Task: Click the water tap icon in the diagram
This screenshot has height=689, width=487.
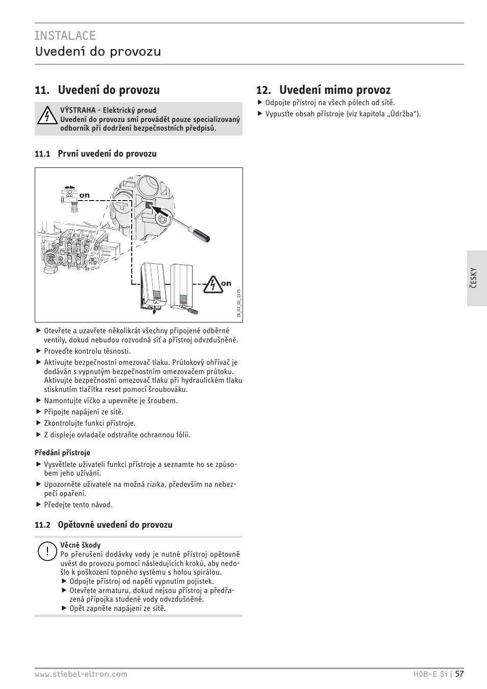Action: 69,195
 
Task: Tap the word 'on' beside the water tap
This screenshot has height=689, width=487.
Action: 84,195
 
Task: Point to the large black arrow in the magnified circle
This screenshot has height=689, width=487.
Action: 162,211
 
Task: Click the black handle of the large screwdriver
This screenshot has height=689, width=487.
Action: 201,237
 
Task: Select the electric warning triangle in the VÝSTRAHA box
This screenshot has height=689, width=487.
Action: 46,116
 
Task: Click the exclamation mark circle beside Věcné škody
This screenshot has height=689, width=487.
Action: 46,551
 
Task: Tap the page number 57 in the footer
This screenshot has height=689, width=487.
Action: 459,674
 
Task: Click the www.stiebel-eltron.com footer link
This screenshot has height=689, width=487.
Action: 81,674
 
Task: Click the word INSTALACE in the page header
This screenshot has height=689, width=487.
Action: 65,35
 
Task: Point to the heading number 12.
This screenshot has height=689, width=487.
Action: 263,90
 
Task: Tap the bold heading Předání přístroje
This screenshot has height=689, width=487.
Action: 62,453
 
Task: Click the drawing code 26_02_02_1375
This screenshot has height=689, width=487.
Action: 238,304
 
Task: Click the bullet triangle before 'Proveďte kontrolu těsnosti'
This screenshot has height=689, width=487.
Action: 38,351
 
